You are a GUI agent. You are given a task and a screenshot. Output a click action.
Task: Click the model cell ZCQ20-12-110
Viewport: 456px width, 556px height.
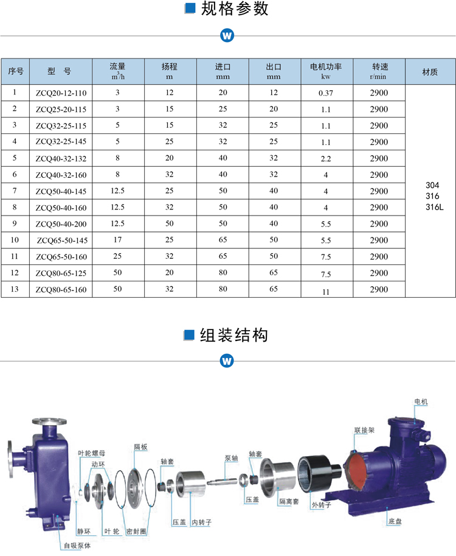(x=61, y=93)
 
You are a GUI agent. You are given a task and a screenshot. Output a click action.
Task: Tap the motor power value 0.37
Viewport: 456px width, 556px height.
(x=326, y=93)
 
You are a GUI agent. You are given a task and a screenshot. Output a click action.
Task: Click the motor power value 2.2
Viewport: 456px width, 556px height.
(x=326, y=159)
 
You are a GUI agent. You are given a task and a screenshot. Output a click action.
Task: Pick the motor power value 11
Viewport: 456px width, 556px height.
(x=326, y=291)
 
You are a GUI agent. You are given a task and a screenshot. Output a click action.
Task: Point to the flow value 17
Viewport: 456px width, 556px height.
(x=118, y=241)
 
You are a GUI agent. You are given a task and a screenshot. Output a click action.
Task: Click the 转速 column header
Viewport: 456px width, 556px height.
(x=378, y=71)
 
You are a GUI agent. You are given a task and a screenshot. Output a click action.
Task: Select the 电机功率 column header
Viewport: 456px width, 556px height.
(x=326, y=71)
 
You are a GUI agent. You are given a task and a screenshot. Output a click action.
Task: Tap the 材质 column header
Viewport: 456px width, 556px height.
(x=430, y=71)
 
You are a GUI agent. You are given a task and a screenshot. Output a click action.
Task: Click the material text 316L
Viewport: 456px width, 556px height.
(x=435, y=207)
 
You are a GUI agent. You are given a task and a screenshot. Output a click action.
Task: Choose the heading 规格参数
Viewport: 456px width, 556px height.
(x=234, y=9)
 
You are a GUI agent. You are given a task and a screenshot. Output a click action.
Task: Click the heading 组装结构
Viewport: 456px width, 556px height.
(x=234, y=335)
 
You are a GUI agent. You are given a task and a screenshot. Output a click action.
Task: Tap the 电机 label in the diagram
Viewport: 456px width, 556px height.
(x=421, y=401)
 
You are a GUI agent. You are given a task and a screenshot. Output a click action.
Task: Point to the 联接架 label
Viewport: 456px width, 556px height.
(x=364, y=430)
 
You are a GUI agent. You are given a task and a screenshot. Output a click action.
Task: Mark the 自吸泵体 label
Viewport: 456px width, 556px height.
(x=77, y=546)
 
